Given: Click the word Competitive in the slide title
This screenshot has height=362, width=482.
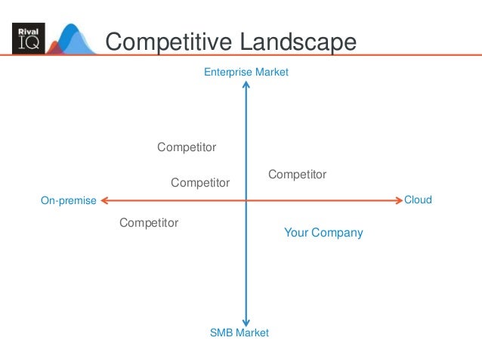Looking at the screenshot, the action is coord(168,42).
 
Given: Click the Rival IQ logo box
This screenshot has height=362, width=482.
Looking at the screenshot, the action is coord(29,38).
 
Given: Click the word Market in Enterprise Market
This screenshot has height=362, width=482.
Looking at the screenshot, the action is coord(272,73).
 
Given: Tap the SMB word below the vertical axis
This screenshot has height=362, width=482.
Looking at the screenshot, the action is coord(221,333).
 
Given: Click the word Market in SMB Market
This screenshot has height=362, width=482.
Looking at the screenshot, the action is coord(252,333).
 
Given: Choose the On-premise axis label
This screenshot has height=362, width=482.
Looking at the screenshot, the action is coord(68,201).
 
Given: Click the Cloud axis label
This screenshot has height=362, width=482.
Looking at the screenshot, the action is coord(418,200).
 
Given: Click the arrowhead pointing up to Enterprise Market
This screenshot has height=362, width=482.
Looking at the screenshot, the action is coord(246,85).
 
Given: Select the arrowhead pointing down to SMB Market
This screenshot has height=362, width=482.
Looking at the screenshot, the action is coord(246,321).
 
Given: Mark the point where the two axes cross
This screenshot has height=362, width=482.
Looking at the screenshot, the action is coord(246,200).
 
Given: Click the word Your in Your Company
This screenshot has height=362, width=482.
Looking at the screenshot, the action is coord(295,233).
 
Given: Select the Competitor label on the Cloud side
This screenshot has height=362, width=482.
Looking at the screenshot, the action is coord(297,175).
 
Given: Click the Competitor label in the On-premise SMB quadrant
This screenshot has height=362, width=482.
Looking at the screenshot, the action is coord(149,223).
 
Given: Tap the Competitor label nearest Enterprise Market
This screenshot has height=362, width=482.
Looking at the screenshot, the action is coord(187,147).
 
